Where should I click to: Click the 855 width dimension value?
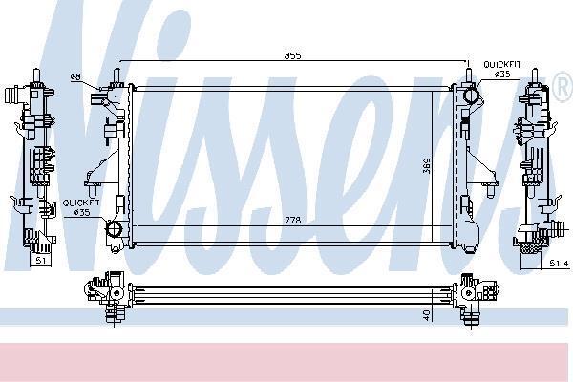click(292, 55)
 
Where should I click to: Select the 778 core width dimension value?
click(293, 220)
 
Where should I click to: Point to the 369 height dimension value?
click(427, 165)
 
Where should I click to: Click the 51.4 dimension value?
click(559, 264)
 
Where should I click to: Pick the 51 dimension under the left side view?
click(40, 261)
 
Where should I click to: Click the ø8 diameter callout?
click(75, 76)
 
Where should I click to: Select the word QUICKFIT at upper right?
click(501, 65)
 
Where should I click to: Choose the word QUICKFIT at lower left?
click(81, 202)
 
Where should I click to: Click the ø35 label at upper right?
click(501, 74)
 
